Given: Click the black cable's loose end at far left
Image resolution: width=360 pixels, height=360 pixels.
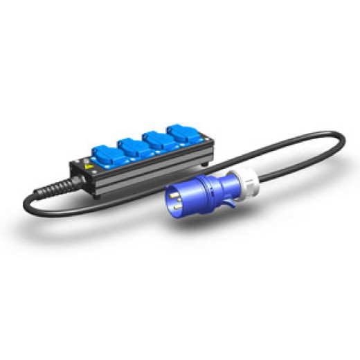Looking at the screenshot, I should point(28,203).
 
